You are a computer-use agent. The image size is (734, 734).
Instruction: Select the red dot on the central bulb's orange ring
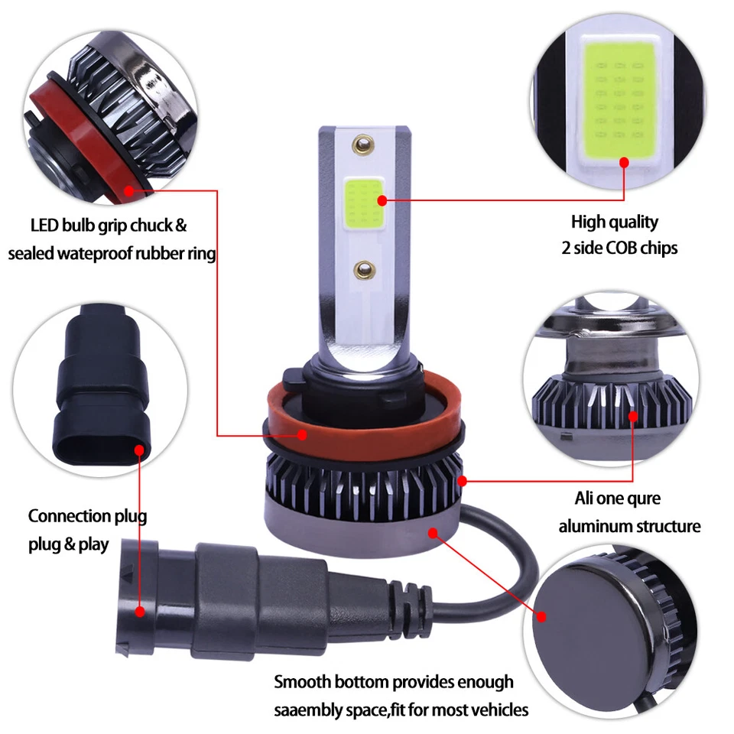[304, 435]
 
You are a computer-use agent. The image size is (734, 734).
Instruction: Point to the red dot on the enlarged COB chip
[625, 162]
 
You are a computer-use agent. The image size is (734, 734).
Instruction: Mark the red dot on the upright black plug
[140, 450]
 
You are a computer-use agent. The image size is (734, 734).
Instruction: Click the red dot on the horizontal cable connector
[140, 611]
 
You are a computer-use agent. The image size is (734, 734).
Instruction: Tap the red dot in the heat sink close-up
[633, 416]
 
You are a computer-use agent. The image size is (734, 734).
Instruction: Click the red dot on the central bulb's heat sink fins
[463, 481]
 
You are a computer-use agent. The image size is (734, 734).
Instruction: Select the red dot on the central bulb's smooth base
[433, 532]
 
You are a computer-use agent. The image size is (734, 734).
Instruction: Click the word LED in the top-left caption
[45, 226]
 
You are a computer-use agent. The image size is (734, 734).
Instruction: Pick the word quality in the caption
[632, 222]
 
